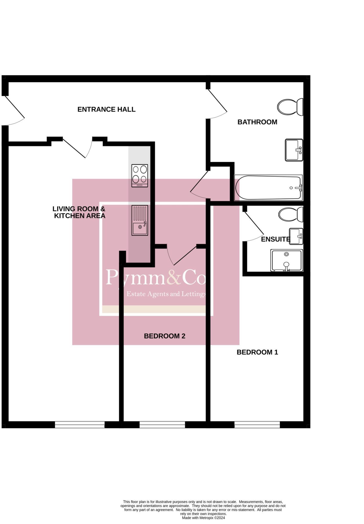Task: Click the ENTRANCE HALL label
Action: pyautogui.click(x=106, y=110)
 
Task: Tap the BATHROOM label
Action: pyautogui.click(x=257, y=122)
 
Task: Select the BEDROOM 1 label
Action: pyautogui.click(x=257, y=352)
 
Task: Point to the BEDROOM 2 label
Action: pyautogui.click(x=164, y=336)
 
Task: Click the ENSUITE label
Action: pyautogui.click(x=276, y=239)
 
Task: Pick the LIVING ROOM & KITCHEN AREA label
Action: pyautogui.click(x=79, y=212)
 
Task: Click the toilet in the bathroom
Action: pyautogui.click(x=290, y=107)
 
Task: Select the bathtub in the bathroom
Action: pyautogui.click(x=268, y=188)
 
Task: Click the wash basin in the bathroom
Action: pyautogui.click(x=294, y=150)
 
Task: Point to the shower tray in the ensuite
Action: pyautogui.click(x=287, y=260)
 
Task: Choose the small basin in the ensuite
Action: pyautogui.click(x=296, y=236)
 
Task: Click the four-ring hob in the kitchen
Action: pyautogui.click(x=140, y=176)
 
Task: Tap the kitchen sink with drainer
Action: pyautogui.click(x=140, y=220)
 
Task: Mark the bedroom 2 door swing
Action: pyautogui.click(x=182, y=255)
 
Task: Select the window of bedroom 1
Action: pyautogui.click(x=257, y=425)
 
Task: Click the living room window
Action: pyautogui.click(x=80, y=425)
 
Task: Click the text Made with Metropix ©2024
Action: pyautogui.click(x=203, y=518)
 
